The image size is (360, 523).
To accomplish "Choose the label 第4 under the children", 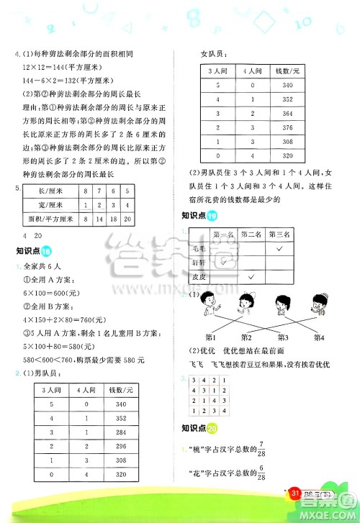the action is coord(316,336).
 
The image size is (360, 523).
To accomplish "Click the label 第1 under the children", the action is coord(212,336).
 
